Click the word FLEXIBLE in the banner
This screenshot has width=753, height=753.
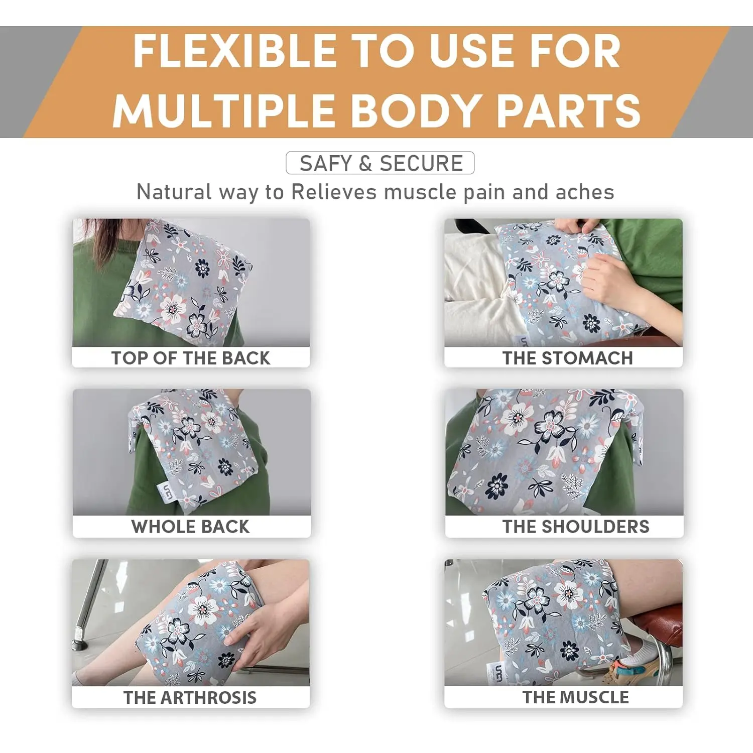point(235,51)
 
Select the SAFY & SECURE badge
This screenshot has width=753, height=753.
point(380,163)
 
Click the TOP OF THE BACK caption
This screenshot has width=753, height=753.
point(191,358)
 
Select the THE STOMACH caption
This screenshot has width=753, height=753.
point(568,358)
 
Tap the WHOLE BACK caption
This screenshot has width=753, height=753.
point(190,527)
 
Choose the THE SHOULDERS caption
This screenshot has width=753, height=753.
point(576,527)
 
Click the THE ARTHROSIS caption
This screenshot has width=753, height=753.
point(190,697)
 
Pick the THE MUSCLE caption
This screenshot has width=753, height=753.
point(575,697)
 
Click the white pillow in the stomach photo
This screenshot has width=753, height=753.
point(477,286)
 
